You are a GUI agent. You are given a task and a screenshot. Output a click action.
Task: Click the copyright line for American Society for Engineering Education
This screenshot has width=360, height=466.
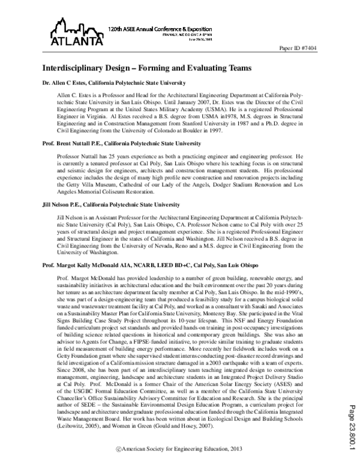click(179, 449)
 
